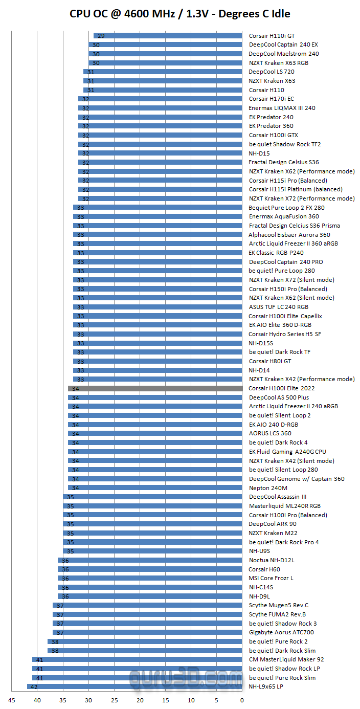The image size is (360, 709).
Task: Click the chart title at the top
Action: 180,13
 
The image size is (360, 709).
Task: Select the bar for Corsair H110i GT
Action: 168,36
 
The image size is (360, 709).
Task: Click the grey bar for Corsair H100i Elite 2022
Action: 155,388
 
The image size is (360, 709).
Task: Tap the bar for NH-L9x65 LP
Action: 134,686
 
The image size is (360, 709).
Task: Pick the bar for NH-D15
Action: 160,153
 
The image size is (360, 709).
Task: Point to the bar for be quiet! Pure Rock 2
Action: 145,641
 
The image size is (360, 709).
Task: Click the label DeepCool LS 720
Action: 272,72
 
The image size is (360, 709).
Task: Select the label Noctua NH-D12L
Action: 272,560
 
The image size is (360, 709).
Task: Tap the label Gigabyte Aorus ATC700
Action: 281,632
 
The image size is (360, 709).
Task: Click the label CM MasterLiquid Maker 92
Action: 286,659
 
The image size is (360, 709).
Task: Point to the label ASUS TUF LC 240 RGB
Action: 279,307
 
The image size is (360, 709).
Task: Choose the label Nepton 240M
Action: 268,488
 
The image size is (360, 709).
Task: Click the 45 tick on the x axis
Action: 12,700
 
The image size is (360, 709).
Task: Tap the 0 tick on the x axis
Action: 242,700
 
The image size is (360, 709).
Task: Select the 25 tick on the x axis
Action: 114,700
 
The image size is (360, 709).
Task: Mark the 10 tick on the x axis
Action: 191,700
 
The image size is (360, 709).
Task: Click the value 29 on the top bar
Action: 101,36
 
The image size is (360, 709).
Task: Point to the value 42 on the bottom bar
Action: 34,686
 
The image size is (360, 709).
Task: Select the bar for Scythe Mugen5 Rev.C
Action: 147,605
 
